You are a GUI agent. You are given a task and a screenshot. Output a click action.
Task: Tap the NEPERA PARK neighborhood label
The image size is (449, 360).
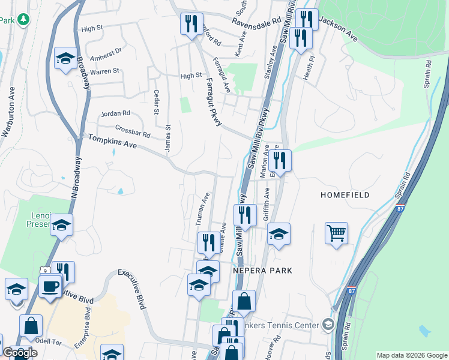(x=262, y=271)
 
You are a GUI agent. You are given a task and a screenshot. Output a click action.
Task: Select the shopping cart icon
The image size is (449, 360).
(x=337, y=233)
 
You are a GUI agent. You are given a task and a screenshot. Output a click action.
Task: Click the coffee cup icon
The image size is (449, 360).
(x=50, y=285)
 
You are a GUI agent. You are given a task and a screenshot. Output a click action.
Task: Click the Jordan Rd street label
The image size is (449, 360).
(x=116, y=113)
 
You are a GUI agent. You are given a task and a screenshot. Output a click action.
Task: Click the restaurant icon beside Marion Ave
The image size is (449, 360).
(x=280, y=160)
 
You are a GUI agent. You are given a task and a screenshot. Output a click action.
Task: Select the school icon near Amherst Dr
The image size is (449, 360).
(x=65, y=58)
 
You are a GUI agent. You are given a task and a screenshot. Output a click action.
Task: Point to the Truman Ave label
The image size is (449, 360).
(x=202, y=209)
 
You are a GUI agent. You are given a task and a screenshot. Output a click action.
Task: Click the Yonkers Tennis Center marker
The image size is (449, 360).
(x=328, y=325)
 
